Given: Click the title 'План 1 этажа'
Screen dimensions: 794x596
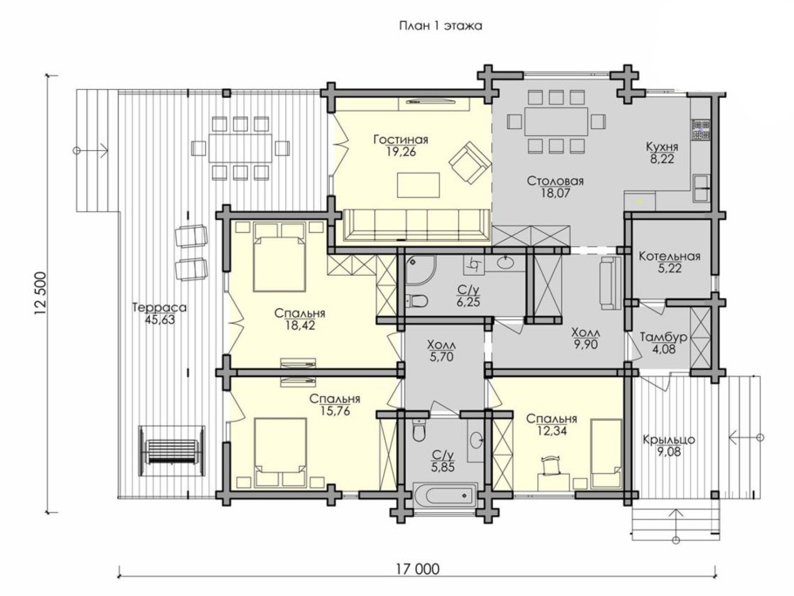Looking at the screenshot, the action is coord(441,26).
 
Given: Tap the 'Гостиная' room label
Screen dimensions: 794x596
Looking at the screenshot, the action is coord(401,140).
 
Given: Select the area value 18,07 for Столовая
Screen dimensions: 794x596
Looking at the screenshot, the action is coord(555,193).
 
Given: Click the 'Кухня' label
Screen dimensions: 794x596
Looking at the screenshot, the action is coord(662,147).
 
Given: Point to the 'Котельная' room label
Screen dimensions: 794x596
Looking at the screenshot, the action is coord(669,257).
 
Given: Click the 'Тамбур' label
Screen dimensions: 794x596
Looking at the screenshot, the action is coord(663,337).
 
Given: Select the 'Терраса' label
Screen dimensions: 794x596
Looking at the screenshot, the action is coord(160,307).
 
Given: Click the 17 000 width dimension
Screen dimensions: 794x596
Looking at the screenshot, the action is coord(418,569).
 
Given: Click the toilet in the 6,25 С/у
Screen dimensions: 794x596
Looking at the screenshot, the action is coord(417,301).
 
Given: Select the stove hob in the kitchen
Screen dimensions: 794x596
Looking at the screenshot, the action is coord(701,130).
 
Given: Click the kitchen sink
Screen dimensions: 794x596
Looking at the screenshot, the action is coord(702,188).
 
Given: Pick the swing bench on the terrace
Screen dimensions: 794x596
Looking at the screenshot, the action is coord(172,450).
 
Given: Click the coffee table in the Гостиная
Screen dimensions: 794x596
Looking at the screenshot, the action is coord(418,185).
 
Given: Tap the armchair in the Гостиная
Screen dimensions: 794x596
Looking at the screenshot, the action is coord(469,163).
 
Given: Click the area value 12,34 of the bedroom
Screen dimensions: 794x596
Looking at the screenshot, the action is coord(552,431).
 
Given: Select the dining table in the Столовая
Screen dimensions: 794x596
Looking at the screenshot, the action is coord(556,121).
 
